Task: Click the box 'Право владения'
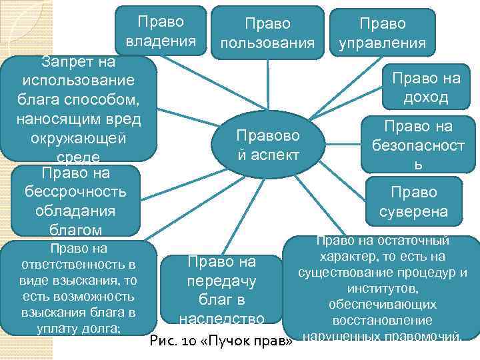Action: (x=161, y=31)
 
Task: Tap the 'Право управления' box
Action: (x=382, y=33)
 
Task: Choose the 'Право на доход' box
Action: (x=425, y=88)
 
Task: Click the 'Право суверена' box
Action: (x=414, y=202)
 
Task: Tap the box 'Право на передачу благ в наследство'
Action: (x=222, y=289)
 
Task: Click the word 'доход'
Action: (x=425, y=98)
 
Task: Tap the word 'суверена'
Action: (x=414, y=213)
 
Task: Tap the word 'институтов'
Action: (x=383, y=288)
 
